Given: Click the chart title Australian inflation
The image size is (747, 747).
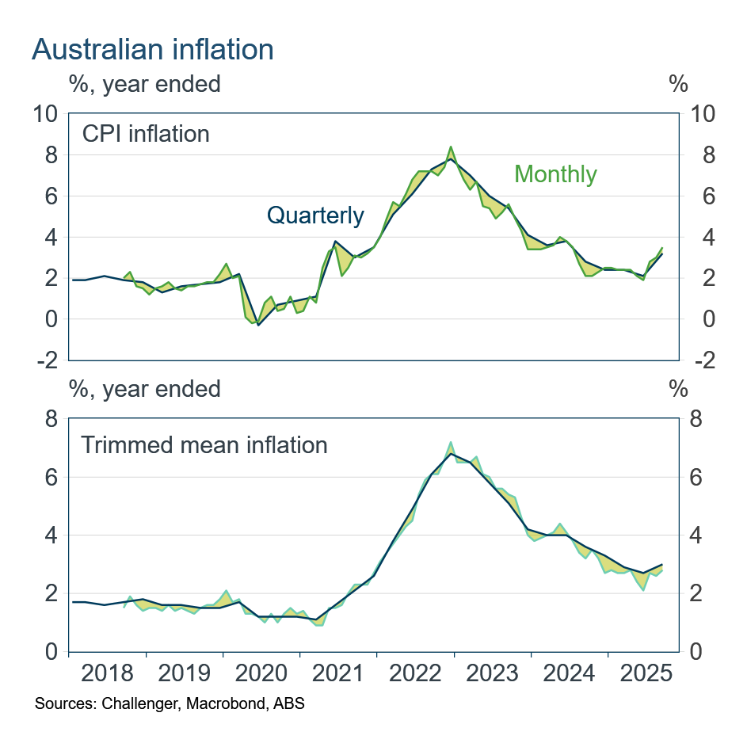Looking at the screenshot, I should [152, 49].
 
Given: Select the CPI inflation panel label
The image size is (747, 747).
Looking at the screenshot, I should [146, 133].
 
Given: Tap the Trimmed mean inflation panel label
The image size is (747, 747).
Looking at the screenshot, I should [204, 444].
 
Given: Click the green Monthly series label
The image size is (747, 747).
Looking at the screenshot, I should [555, 173].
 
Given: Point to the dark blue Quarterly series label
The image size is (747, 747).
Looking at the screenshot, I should [315, 215].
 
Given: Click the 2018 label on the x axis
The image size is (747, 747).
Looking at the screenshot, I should [108, 675].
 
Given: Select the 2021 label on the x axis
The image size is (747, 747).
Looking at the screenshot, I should [339, 675].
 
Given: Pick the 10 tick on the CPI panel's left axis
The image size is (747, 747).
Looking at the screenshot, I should [46, 114].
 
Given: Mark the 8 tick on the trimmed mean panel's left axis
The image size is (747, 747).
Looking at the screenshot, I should [51, 419].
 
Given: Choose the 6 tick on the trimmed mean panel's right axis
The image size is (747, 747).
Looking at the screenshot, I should [696, 478].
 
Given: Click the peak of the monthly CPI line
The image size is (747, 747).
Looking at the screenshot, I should [451, 147].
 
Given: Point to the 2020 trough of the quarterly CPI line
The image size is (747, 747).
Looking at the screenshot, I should [258, 325].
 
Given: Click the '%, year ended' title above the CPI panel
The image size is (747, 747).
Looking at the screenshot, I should [145, 82].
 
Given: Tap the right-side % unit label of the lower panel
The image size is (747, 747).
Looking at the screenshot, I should [678, 389].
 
